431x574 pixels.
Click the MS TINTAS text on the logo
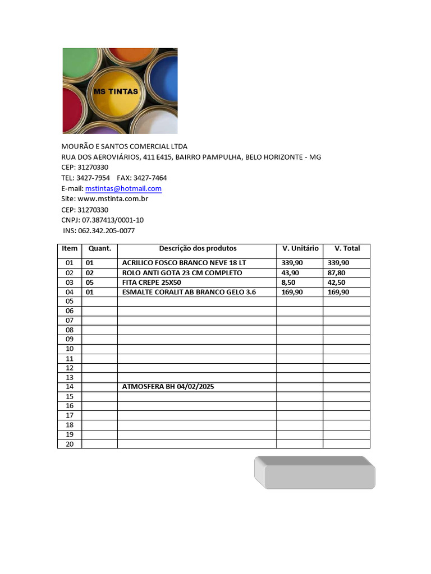(116, 91)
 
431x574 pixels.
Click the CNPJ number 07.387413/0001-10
(113, 220)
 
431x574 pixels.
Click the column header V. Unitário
(300, 248)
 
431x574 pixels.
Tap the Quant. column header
(100, 248)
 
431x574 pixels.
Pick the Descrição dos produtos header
(198, 248)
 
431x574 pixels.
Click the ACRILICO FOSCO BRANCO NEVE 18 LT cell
(184, 263)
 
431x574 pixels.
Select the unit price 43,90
(290, 273)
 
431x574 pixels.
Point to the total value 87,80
(337, 273)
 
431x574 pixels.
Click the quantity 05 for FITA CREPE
(90, 283)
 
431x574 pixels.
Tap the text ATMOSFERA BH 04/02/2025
(168, 387)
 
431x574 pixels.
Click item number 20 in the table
(70, 444)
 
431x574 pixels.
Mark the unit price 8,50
(288, 283)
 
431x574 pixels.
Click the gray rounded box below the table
(315, 473)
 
